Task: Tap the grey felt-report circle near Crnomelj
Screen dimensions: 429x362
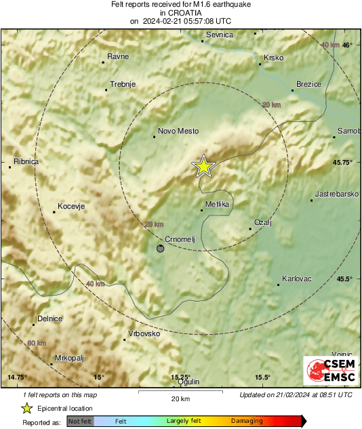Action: (160, 249)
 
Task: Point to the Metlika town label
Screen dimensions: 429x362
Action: (217, 204)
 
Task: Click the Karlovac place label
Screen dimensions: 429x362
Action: (296, 279)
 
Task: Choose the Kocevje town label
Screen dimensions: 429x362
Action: (71, 206)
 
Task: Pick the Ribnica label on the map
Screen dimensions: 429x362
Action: (26, 161)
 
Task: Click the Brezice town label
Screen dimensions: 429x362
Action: (308, 85)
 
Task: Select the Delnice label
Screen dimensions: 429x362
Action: (49, 319)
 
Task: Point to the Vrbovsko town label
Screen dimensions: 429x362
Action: (144, 333)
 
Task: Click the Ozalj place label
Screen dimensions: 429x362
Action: (262, 222)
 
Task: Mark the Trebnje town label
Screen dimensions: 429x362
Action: (123, 84)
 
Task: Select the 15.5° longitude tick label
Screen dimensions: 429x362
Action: (263, 377)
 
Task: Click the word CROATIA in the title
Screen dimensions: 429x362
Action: (180, 12)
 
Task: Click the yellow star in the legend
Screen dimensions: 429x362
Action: (26, 408)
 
